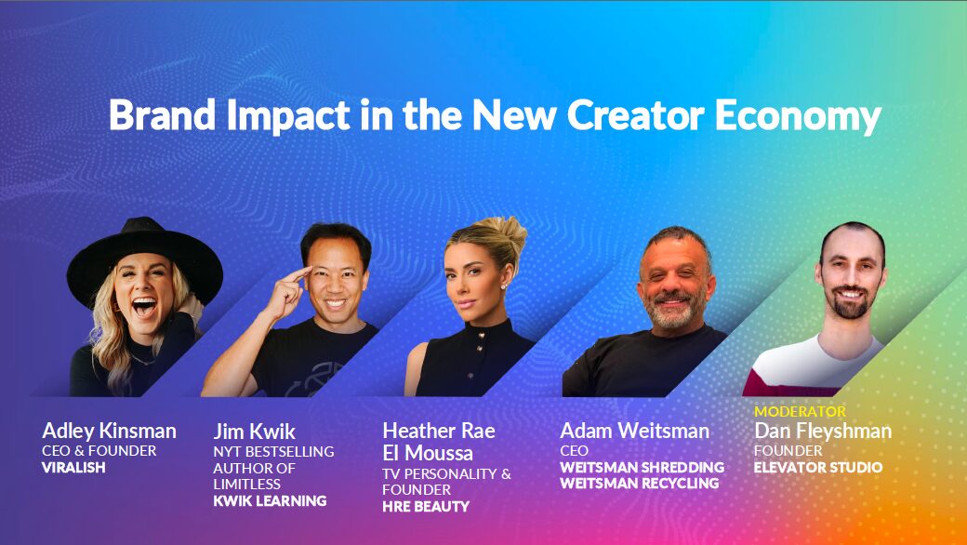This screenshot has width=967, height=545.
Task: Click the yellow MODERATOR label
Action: [800, 411]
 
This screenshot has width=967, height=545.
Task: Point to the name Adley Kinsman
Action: [109, 432]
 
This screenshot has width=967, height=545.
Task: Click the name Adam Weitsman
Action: [634, 432]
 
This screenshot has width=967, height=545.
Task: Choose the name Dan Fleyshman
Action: [822, 432]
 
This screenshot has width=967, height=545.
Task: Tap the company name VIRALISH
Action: [74, 467]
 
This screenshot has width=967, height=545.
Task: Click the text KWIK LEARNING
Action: [270, 500]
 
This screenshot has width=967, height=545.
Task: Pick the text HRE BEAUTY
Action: [426, 506]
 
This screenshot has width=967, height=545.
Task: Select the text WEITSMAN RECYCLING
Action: [639, 483]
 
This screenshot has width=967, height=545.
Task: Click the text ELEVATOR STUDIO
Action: [818, 467]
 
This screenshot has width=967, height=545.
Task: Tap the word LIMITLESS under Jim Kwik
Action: [246, 484]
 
